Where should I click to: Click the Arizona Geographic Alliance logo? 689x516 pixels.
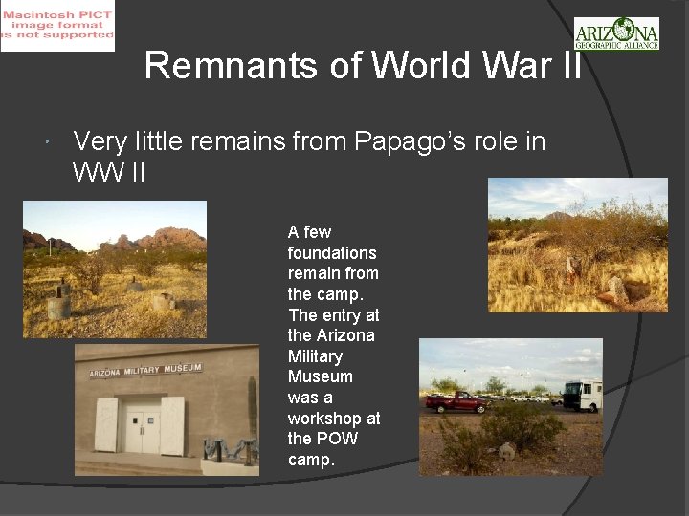[x=616, y=32]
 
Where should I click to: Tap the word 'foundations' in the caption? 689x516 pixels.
[x=332, y=253]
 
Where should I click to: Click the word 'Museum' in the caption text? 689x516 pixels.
[x=321, y=376]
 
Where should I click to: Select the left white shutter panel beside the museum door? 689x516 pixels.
[x=106, y=425]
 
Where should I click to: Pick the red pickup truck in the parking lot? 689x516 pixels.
[x=457, y=401]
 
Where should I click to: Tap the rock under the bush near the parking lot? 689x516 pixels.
[x=507, y=451]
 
